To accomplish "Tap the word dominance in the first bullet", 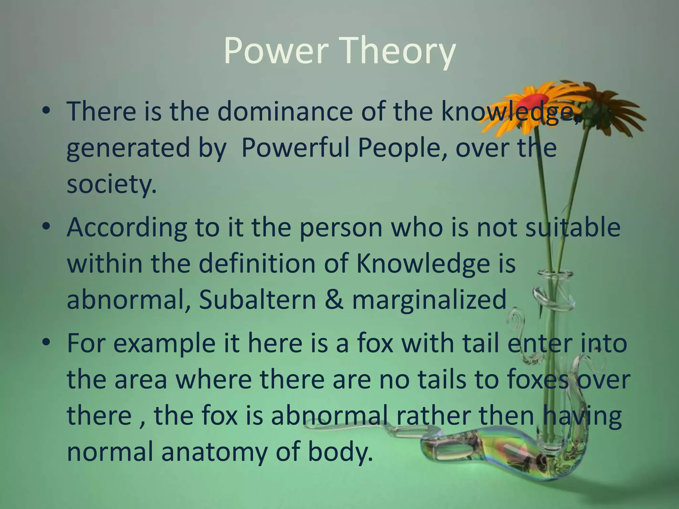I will [x=285, y=111].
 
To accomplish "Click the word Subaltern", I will [x=258, y=299].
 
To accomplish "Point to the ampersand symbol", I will [x=334, y=299].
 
